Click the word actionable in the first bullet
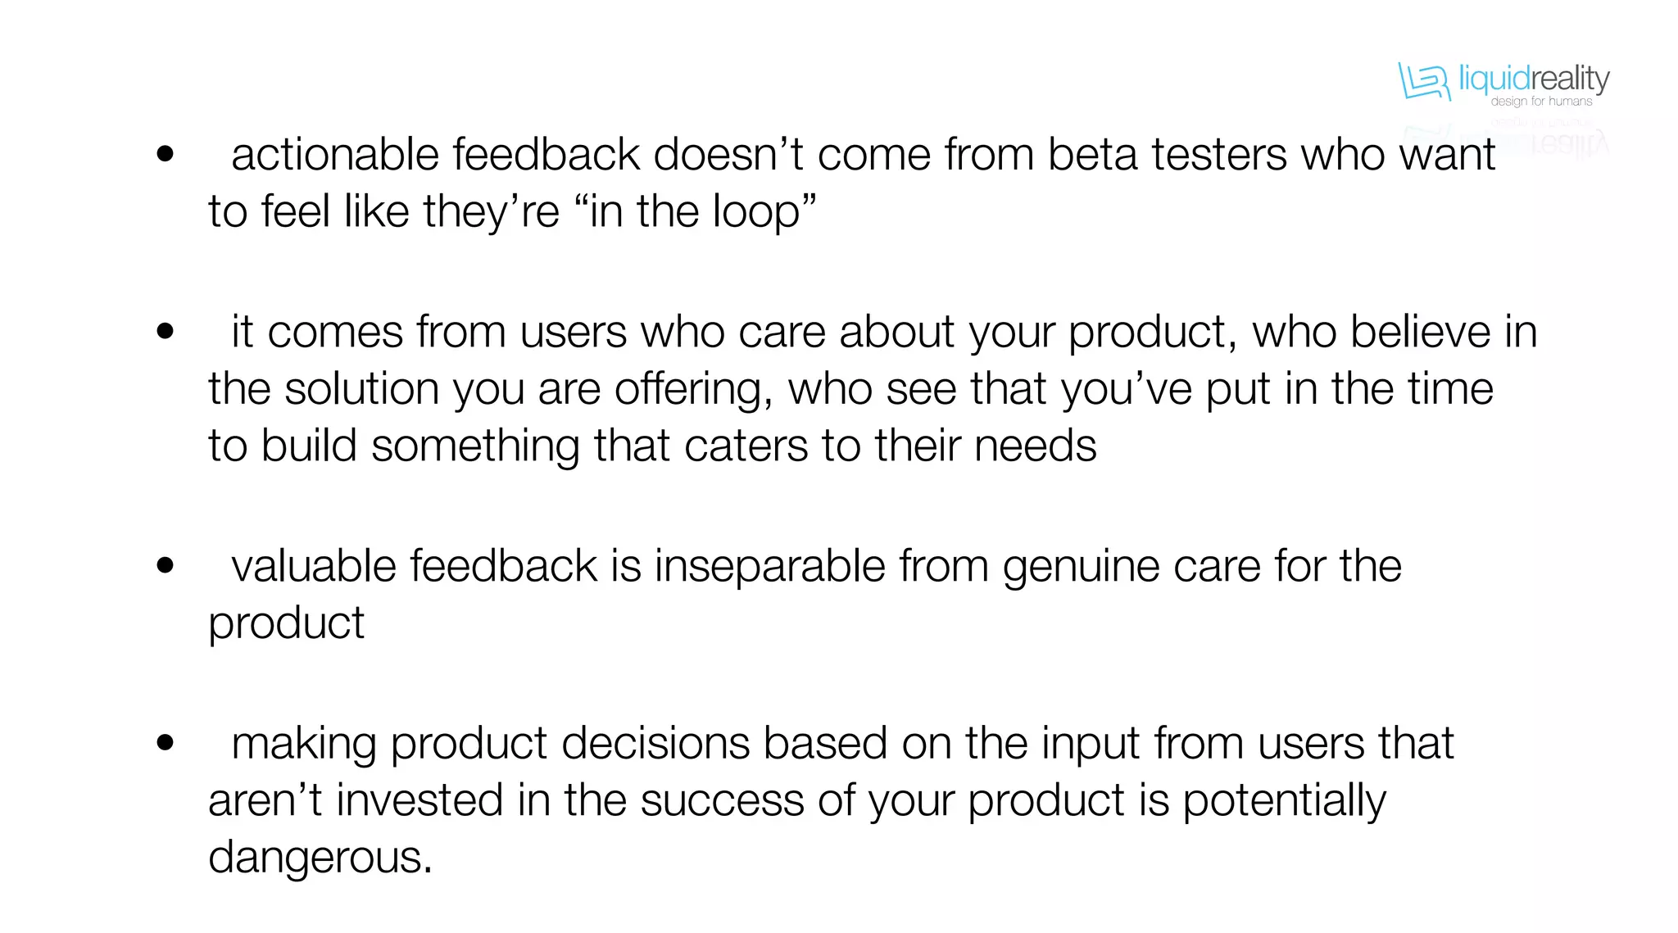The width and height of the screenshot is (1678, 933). (334, 154)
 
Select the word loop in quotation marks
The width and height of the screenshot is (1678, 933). (755, 211)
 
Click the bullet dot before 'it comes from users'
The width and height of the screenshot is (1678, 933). (166, 331)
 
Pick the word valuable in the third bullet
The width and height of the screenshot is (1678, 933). (313, 565)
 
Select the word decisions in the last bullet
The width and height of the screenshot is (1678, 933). (655, 744)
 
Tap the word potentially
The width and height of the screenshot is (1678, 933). (1284, 800)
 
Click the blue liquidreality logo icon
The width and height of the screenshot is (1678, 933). (1423, 82)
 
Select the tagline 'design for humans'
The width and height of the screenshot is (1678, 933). (1541, 102)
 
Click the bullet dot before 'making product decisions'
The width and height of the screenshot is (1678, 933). (166, 743)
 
